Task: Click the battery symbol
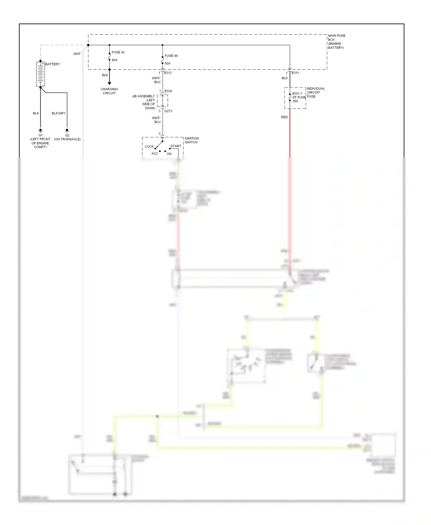click(41, 74)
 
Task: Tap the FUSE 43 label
click(118, 52)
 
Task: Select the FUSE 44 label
click(171, 56)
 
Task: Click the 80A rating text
click(114, 60)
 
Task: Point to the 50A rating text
click(167, 63)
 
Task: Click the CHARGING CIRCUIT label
click(109, 91)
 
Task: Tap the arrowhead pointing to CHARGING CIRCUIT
click(109, 83)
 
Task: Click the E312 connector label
click(168, 73)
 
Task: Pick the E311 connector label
click(295, 73)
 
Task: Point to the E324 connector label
click(168, 91)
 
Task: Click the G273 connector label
click(168, 111)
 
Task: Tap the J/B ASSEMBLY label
click(143, 96)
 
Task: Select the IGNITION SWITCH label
click(192, 140)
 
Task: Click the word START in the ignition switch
click(176, 146)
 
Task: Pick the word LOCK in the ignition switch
click(149, 146)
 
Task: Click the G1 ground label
click(41, 135)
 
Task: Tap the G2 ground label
click(67, 135)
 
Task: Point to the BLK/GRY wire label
click(59, 113)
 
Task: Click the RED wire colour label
click(284, 117)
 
